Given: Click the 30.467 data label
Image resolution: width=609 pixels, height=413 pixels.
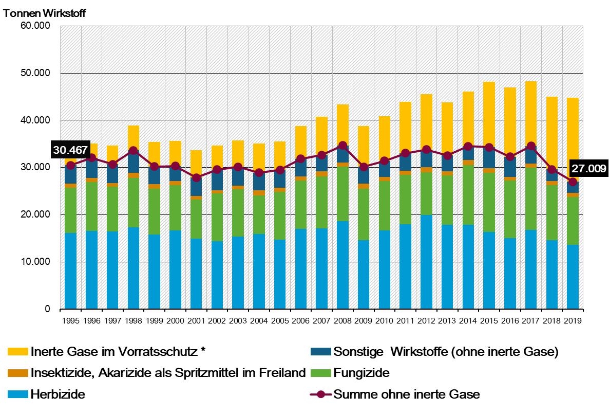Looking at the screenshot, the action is pyautogui.click(x=70, y=150).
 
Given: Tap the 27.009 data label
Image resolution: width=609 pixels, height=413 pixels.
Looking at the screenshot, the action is pyautogui.click(x=588, y=168).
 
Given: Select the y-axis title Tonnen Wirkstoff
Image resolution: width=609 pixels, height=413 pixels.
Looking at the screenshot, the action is pyautogui.click(x=44, y=13).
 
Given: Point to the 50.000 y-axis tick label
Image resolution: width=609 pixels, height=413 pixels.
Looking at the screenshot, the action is pyautogui.click(x=35, y=73).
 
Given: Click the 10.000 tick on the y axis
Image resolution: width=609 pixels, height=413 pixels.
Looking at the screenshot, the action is pyautogui.click(x=35, y=262).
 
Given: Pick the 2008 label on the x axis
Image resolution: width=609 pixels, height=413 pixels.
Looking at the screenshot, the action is pyautogui.click(x=342, y=321).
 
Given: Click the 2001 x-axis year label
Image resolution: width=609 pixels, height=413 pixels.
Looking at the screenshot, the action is pyautogui.click(x=196, y=321).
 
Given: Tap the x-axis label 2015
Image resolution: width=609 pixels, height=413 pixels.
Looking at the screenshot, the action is pyautogui.click(x=489, y=321).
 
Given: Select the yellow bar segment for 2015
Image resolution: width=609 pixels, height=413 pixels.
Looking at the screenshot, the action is pyautogui.click(x=489, y=115).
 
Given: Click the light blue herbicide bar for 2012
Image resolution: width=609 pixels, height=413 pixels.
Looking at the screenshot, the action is pyautogui.click(x=426, y=262).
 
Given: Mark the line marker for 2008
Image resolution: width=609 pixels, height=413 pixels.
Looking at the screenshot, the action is pyautogui.click(x=342, y=146).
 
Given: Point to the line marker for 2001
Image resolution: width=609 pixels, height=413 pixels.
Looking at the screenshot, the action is pyautogui.click(x=196, y=178).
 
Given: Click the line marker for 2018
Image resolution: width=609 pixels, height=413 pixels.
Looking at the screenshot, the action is pyautogui.click(x=551, y=170).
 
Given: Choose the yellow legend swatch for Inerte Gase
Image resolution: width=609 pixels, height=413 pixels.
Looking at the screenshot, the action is pyautogui.click(x=18, y=352).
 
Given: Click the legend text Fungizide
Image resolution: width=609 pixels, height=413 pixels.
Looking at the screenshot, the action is pyautogui.click(x=361, y=373).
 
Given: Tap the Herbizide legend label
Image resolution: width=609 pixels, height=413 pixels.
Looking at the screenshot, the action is pyautogui.click(x=58, y=394).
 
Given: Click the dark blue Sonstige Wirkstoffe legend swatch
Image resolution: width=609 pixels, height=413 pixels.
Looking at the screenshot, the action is pyautogui.click(x=320, y=352).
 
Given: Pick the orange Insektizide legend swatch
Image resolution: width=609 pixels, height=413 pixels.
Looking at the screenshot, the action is pyautogui.click(x=18, y=373).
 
